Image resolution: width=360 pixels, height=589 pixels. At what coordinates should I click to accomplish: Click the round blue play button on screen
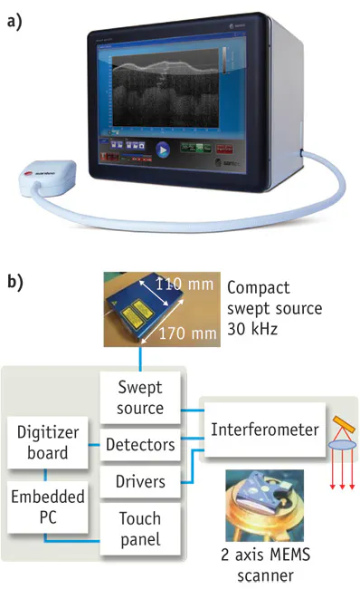[164, 150]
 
